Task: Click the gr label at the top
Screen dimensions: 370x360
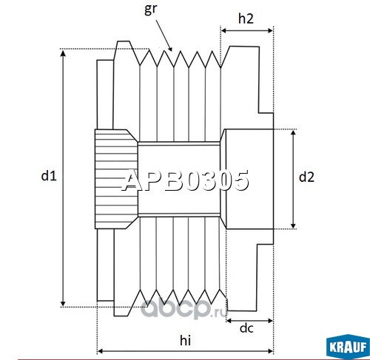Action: point(150,9)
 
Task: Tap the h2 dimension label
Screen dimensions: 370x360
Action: point(246,18)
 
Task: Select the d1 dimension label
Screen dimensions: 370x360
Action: point(49,176)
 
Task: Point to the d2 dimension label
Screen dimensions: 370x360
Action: point(306,177)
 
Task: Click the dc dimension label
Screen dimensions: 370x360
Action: point(246,328)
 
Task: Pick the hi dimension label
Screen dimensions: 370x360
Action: point(185,341)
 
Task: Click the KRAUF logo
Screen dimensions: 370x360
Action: point(348,347)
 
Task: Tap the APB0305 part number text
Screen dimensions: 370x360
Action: point(186,180)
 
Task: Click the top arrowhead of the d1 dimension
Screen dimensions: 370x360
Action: point(63,52)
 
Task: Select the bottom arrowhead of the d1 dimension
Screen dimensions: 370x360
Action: point(63,303)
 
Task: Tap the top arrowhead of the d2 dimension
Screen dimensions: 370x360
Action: point(293,133)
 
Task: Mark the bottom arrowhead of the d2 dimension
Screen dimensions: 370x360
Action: point(293,225)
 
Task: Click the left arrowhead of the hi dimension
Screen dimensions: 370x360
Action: point(101,351)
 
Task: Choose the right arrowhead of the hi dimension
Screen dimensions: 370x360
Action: point(269,351)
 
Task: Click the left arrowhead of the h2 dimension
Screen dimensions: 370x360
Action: point(224,30)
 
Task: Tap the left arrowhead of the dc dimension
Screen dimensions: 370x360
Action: point(229,321)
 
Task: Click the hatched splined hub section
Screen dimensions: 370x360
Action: point(116,179)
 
